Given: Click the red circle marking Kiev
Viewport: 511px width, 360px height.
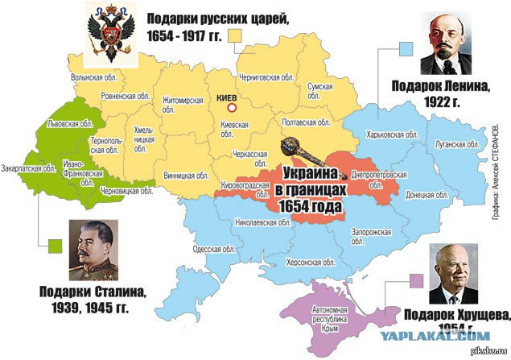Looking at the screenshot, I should coord(232,107).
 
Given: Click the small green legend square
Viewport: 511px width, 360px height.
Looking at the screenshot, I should coord(55,245).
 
